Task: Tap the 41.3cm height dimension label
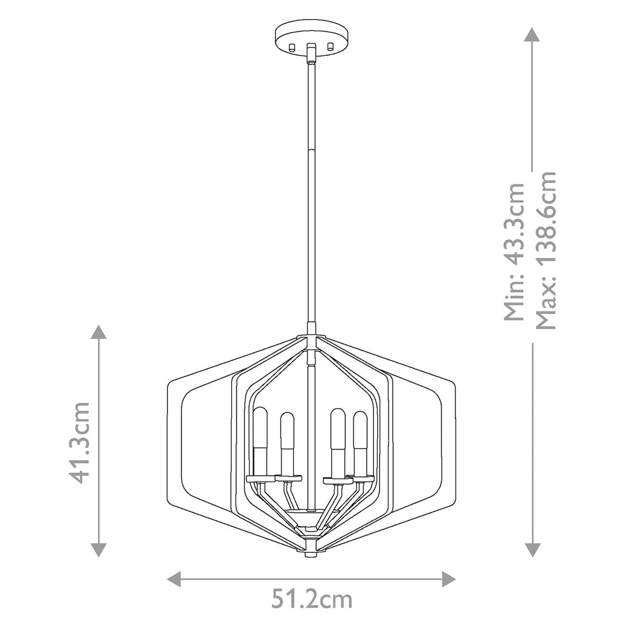click(79, 442)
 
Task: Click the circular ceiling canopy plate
click(311, 35)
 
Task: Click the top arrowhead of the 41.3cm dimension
click(99, 333)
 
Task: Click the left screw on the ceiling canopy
click(292, 47)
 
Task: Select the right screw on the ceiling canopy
click(331, 46)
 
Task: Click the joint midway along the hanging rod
click(311, 148)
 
